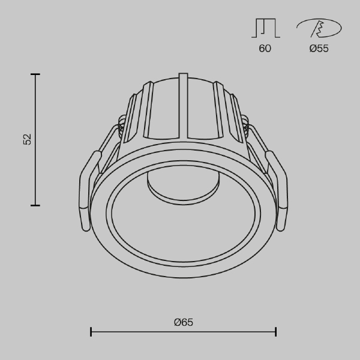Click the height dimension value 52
tap(27, 139)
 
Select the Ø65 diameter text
tap(183, 322)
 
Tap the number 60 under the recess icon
tap(265, 49)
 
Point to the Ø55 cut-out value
tap(319, 49)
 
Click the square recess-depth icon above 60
tap(265, 28)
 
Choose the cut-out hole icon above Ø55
tap(319, 28)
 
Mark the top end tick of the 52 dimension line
tap(35, 74)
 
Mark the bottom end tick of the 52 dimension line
tap(35, 205)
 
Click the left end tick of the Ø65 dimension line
tap(91, 332)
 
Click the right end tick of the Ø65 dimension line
tap(276, 332)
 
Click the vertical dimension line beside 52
tap(35, 168)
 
